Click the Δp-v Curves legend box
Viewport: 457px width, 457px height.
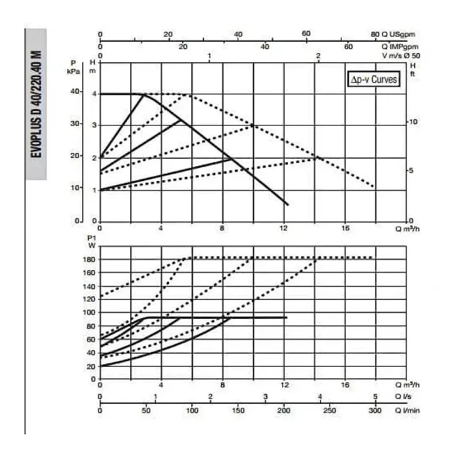(374, 80)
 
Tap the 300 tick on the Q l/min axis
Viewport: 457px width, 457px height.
(375, 410)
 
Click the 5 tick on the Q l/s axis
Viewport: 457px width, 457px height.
(375, 396)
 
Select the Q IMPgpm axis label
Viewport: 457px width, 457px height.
(403, 46)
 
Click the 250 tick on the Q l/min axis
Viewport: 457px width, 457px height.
(330, 410)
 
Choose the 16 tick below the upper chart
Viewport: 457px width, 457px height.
(344, 228)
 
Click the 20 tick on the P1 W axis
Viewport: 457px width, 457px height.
(91, 366)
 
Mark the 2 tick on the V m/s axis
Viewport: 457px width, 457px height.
(318, 56)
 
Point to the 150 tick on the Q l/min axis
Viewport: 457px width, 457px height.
(238, 410)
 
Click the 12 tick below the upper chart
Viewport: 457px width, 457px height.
(283, 228)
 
